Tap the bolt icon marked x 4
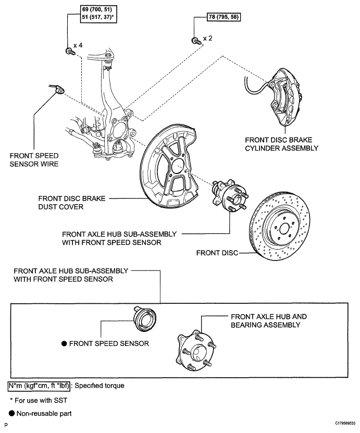click(68, 50)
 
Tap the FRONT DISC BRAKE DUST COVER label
click(72, 202)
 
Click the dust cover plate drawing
click(169, 167)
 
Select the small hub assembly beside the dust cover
click(229, 199)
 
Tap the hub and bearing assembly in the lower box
click(194, 350)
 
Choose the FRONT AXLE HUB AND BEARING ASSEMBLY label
click(268, 320)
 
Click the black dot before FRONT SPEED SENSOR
click(64, 343)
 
